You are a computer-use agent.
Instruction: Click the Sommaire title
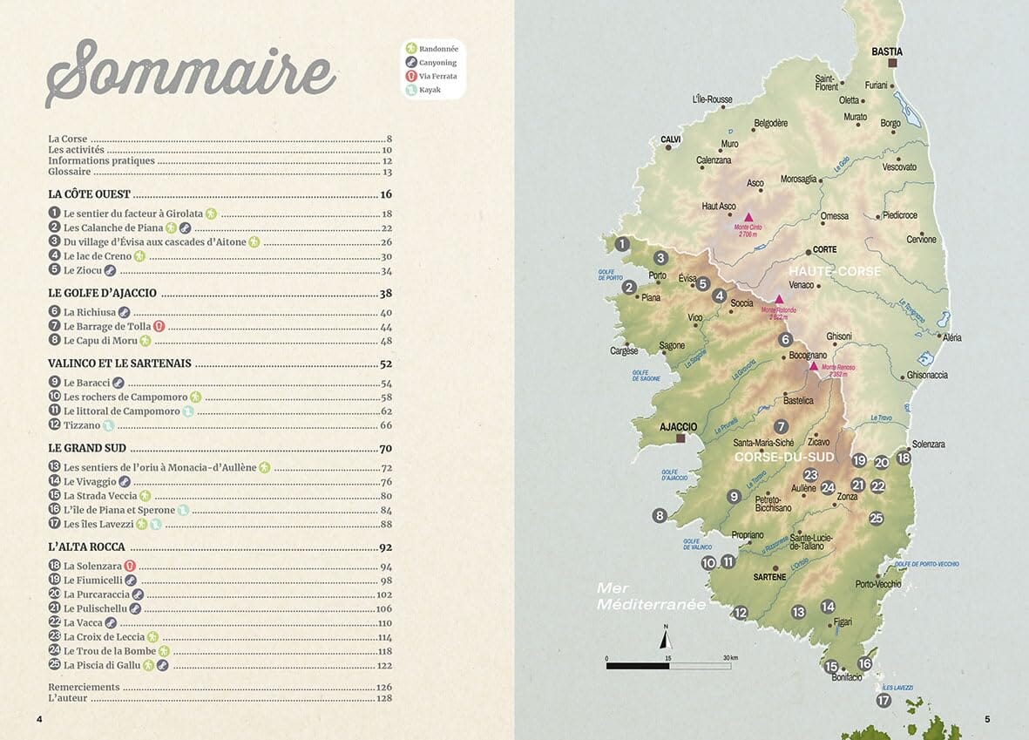tap(190, 70)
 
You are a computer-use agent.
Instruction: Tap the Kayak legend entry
tap(430, 90)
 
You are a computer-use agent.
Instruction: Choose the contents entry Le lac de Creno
tap(98, 256)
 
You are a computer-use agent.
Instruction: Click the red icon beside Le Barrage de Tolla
tap(159, 327)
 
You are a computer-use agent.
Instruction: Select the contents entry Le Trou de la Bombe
tap(110, 651)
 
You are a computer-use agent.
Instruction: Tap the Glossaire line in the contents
tap(69, 173)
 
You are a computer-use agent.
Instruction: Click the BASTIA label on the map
tap(887, 52)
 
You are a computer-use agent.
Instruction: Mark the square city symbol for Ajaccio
tap(681, 438)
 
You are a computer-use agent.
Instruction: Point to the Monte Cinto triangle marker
tap(747, 216)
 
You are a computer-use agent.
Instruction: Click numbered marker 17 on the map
tap(884, 700)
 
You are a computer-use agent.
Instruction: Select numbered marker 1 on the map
tap(621, 245)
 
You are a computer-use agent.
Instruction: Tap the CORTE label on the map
tap(824, 249)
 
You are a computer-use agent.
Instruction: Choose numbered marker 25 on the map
tap(876, 518)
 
